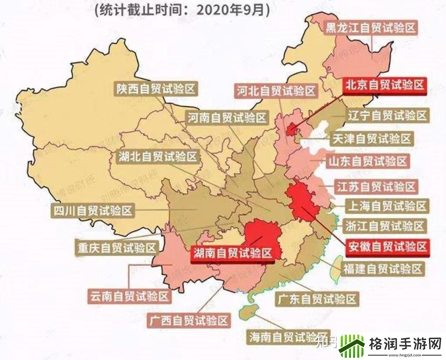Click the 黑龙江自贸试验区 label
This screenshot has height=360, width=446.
371,28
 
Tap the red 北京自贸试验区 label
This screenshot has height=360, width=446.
384,85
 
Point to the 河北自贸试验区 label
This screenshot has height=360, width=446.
276,91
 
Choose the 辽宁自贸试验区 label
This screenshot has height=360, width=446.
387,116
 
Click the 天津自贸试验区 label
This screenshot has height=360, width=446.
372,139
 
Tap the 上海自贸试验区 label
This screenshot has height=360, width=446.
387,205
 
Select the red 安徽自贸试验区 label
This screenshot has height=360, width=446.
386,247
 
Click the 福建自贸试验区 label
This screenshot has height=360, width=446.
383,269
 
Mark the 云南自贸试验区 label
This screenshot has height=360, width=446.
128,297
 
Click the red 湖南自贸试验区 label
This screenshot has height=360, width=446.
232,253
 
